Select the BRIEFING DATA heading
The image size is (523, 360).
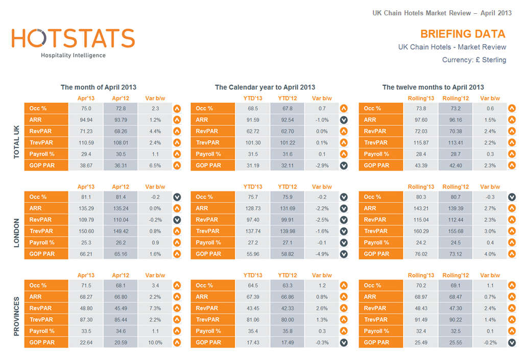pyautogui.click(x=463, y=34)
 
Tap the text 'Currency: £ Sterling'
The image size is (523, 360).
pyautogui.click(x=474, y=60)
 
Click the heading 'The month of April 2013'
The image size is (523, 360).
pyautogui.click(x=99, y=87)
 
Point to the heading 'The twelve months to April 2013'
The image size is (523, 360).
pyautogui.click(x=433, y=87)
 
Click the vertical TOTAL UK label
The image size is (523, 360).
pyautogui.click(x=16, y=137)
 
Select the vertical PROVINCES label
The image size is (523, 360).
pyautogui.click(x=16, y=314)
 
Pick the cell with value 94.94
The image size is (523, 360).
pyautogui.click(x=86, y=120)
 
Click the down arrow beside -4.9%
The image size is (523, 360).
pyautogui.click(x=344, y=254)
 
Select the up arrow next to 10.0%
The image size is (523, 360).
pyautogui.click(x=177, y=343)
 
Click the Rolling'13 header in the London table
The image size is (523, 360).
pyautogui.click(x=420, y=187)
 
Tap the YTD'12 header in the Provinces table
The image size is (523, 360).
pyautogui.click(x=287, y=275)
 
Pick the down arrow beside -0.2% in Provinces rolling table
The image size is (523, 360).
pyautogui.click(x=511, y=343)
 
